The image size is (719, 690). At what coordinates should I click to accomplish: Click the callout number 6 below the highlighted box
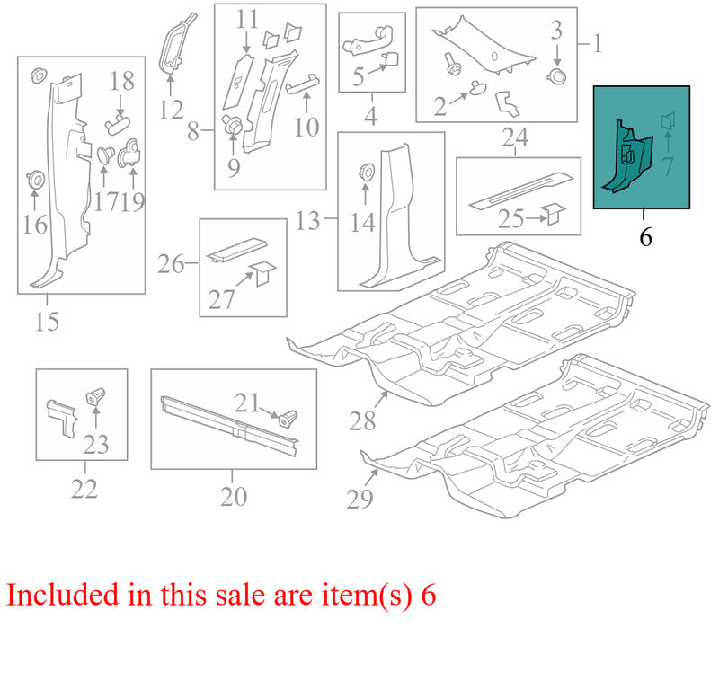[x=645, y=237]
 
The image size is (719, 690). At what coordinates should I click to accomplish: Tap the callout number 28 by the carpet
[x=362, y=420]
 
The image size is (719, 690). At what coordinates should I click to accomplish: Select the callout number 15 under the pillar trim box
[x=48, y=322]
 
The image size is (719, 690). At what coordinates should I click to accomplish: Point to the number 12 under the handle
[x=172, y=110]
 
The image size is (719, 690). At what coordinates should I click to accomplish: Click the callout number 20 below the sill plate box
[x=234, y=497]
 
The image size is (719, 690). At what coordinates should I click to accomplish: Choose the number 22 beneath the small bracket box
[x=84, y=489]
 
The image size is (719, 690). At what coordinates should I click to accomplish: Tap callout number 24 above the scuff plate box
[x=515, y=137]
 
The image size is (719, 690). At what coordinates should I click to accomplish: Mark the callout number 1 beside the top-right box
[x=597, y=44]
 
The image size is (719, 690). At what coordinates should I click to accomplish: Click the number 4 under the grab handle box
[x=371, y=116]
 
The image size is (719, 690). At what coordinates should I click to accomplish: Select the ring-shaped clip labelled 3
[x=556, y=76]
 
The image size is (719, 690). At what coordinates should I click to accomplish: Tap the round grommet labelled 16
[x=35, y=179]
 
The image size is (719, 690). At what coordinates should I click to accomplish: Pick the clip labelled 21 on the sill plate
[x=288, y=418]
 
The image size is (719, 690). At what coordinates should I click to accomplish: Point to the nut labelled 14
[x=366, y=172]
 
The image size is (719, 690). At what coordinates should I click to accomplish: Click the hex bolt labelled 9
[x=232, y=125]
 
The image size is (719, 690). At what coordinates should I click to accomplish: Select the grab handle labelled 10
[x=303, y=82]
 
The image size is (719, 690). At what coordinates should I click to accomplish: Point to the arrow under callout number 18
[x=120, y=105]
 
